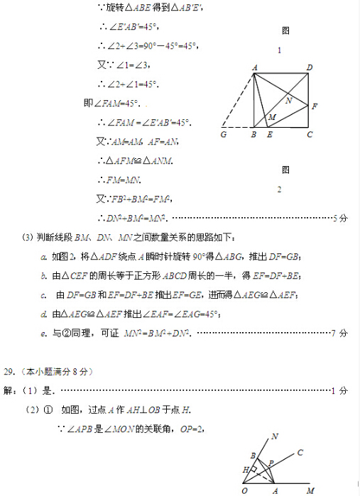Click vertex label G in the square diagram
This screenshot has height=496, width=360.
click(x=224, y=134)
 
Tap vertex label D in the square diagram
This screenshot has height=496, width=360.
click(x=310, y=67)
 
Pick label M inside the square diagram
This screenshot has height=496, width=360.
click(x=272, y=116)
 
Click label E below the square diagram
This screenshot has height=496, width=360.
click(x=268, y=134)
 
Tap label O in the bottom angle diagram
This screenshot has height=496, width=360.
click(x=244, y=490)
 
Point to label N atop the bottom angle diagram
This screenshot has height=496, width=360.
click(x=275, y=436)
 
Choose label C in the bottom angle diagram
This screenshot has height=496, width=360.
click(x=300, y=452)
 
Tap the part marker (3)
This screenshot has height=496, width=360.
click(x=28, y=237)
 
